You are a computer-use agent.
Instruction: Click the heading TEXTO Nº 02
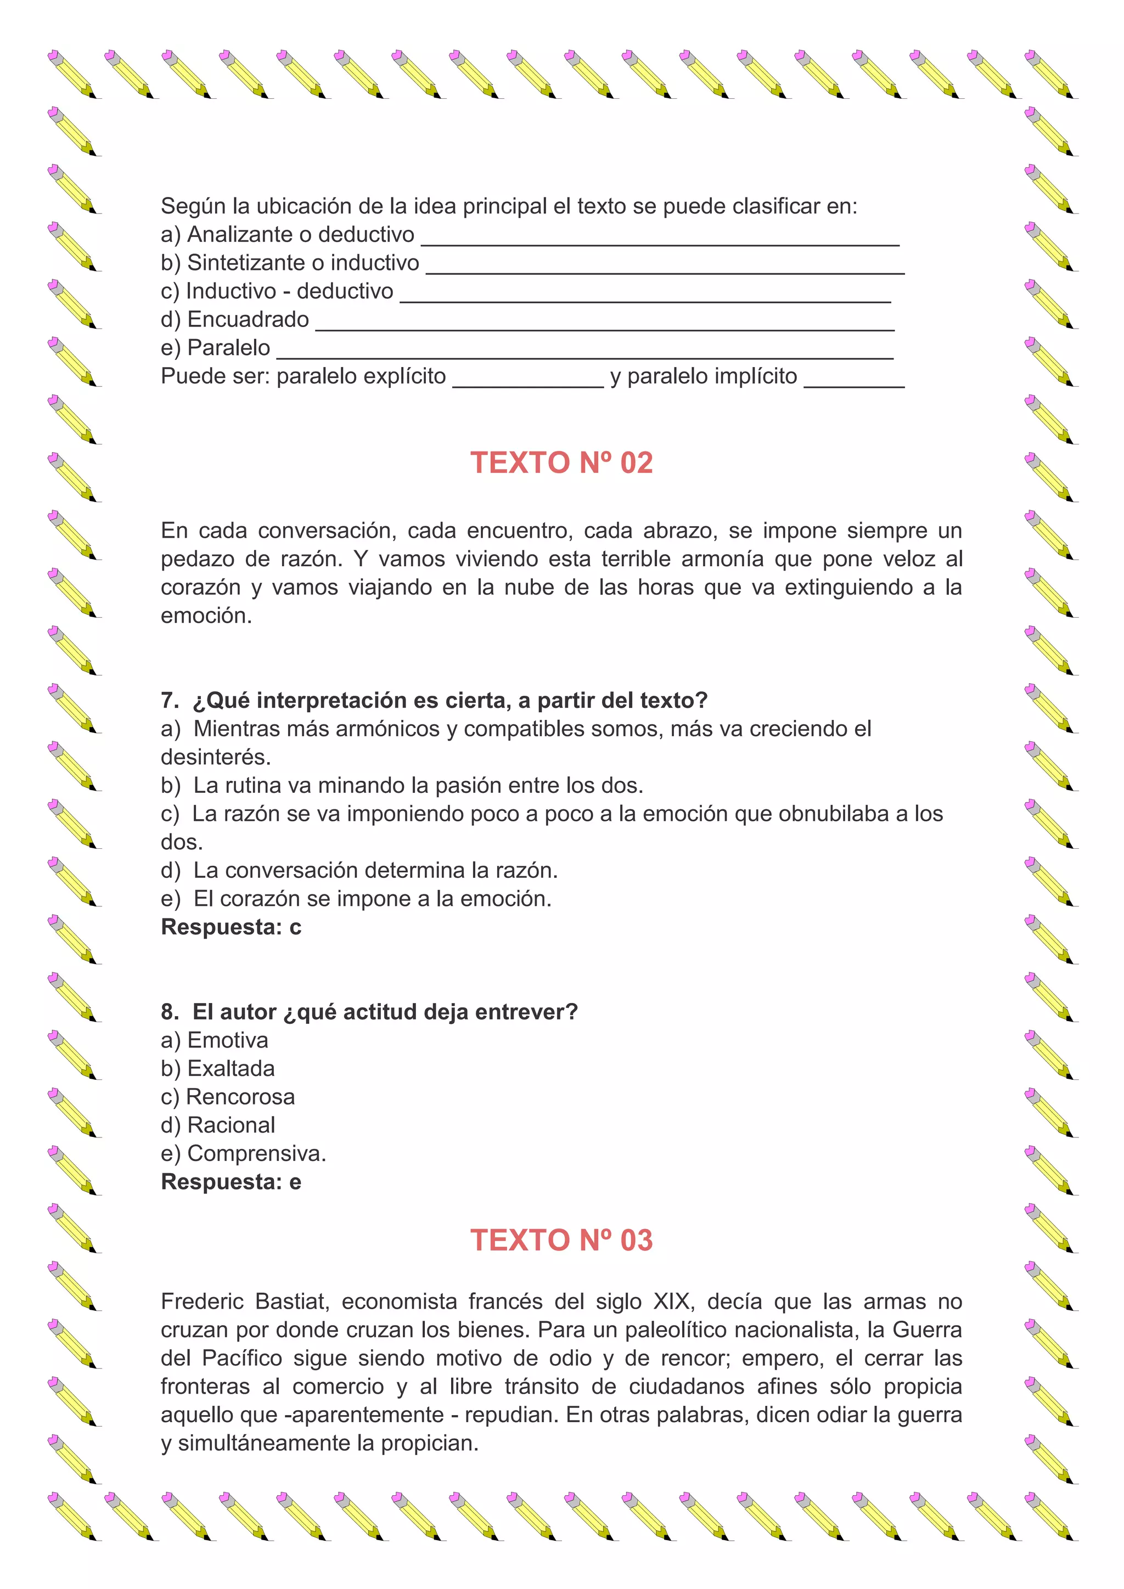[x=561, y=463]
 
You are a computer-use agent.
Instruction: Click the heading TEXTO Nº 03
[x=561, y=1240]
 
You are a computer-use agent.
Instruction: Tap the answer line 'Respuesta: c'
[x=231, y=927]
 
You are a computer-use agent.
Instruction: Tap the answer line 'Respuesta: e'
[x=231, y=1181]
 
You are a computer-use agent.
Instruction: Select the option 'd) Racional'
[x=218, y=1125]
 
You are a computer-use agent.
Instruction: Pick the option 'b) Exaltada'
[x=218, y=1068]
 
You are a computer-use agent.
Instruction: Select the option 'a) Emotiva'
[x=215, y=1040]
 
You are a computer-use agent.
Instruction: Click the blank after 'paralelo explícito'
[x=528, y=380]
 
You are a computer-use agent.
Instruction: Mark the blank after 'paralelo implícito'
[x=854, y=380]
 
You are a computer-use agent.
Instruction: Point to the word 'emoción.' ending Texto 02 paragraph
[x=206, y=615]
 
